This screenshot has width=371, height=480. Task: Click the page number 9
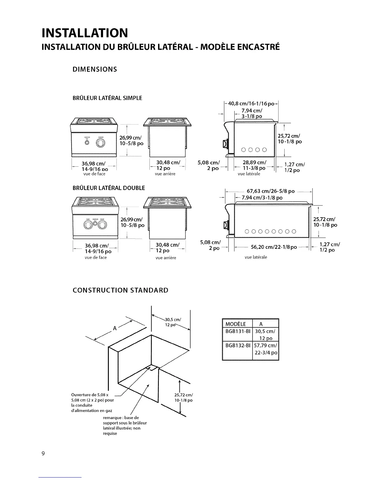[x=43, y=454]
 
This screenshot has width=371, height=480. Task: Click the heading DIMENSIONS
[x=95, y=69]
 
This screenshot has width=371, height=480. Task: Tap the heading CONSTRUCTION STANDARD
[x=120, y=290]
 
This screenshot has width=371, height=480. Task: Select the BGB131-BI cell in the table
[x=238, y=331]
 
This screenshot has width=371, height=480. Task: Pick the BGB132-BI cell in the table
[x=238, y=345]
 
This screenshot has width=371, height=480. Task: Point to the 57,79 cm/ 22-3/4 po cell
[x=266, y=349]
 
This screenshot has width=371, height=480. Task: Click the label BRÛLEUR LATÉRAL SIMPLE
[x=107, y=98]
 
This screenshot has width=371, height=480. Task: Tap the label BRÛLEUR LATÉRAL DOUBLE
[x=109, y=188]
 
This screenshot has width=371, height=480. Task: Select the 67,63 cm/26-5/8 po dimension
[x=271, y=191]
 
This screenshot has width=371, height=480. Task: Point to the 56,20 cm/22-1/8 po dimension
[x=274, y=247]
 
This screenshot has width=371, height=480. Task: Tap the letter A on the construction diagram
[x=115, y=328]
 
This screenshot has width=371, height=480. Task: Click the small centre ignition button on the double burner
[x=95, y=223]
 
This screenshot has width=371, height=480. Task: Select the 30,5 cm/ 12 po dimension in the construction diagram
[x=172, y=322]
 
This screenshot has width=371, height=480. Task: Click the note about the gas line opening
[x=92, y=403]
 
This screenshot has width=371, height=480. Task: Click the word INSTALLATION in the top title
[x=85, y=33]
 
